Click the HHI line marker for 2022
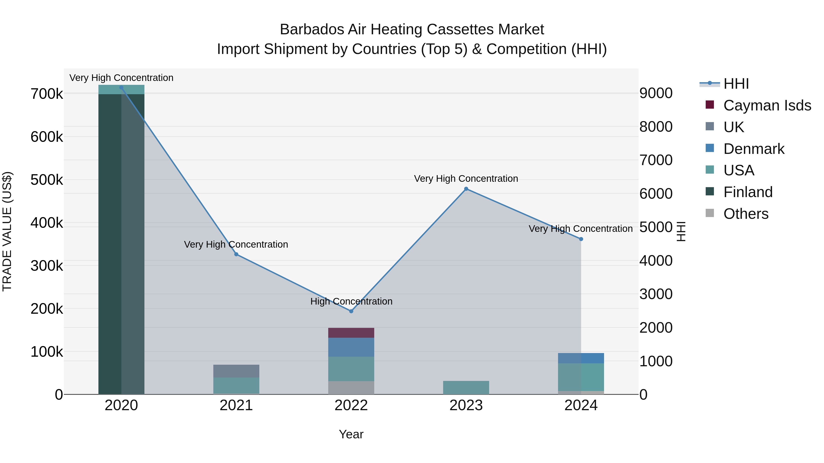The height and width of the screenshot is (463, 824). point(351,311)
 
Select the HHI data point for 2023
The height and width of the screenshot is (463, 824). point(466,189)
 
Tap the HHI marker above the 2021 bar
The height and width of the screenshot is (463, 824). point(236,254)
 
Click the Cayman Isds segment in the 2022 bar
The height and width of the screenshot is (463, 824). point(351,333)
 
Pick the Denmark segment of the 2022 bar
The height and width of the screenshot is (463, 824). point(351,347)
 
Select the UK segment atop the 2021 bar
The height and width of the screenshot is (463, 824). point(236,371)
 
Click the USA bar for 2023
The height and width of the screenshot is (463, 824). point(466,387)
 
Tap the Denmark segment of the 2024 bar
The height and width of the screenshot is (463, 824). point(581,358)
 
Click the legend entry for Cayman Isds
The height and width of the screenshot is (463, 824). point(767,105)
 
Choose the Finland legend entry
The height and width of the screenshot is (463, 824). point(748,192)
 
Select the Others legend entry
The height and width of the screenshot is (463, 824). point(746,214)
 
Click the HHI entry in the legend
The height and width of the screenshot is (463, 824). point(736,84)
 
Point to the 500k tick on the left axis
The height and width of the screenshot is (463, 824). point(47,180)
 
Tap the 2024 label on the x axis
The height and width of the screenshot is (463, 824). point(581,405)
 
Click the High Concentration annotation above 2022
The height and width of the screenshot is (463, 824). point(351,301)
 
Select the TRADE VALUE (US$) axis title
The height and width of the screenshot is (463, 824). point(7,231)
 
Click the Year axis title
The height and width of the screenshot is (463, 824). point(351,434)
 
